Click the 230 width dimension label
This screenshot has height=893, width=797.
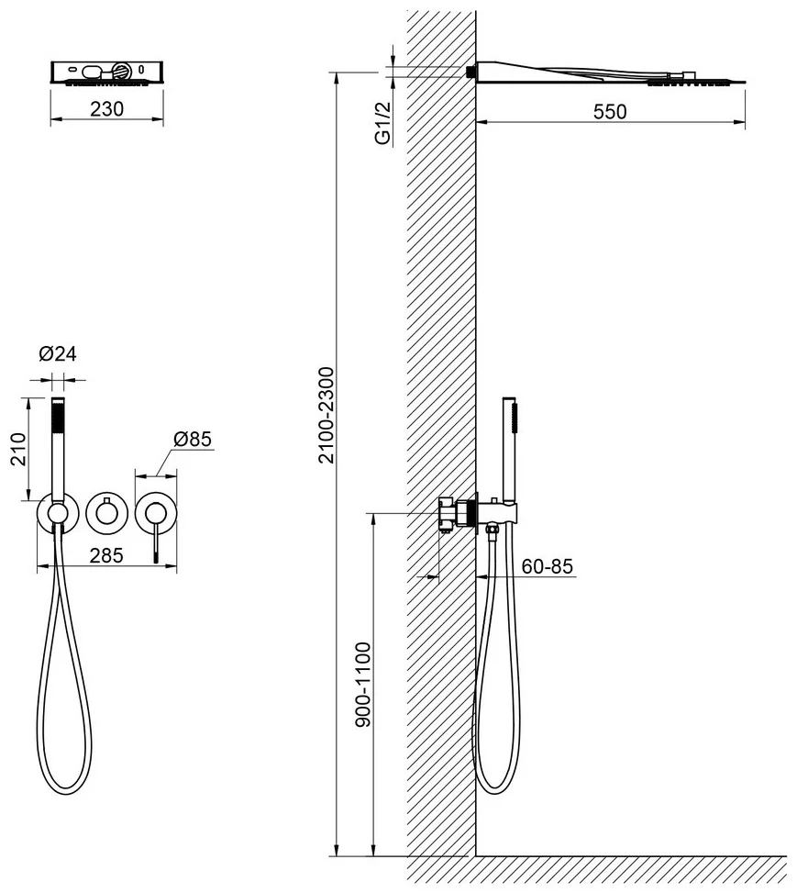point(106,109)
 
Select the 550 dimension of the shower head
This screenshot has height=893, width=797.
point(610,112)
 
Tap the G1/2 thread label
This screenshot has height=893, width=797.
point(383,123)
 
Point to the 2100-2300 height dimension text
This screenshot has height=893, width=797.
point(327,415)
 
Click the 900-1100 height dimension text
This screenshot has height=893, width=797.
point(363,684)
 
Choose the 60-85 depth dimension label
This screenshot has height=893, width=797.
point(548,566)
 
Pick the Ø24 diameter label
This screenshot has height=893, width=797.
point(58,353)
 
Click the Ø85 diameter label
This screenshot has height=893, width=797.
point(193,439)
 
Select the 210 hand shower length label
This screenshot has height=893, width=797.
point(18,450)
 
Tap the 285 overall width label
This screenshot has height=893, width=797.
point(106,555)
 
